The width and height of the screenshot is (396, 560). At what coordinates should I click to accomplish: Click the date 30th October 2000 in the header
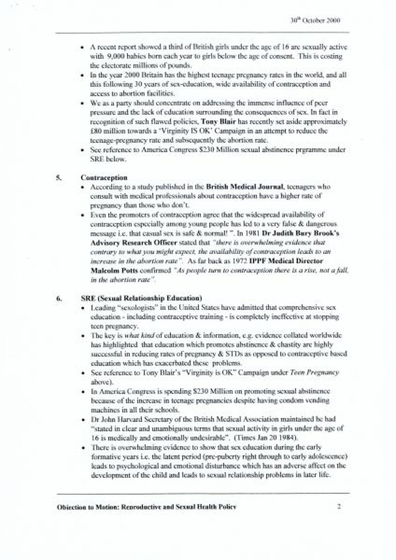315,20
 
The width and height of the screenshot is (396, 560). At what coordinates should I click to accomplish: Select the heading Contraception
104,177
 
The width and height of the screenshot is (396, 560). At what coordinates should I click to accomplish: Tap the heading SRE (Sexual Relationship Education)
141,298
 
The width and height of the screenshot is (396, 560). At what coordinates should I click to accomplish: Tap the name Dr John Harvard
114,419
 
